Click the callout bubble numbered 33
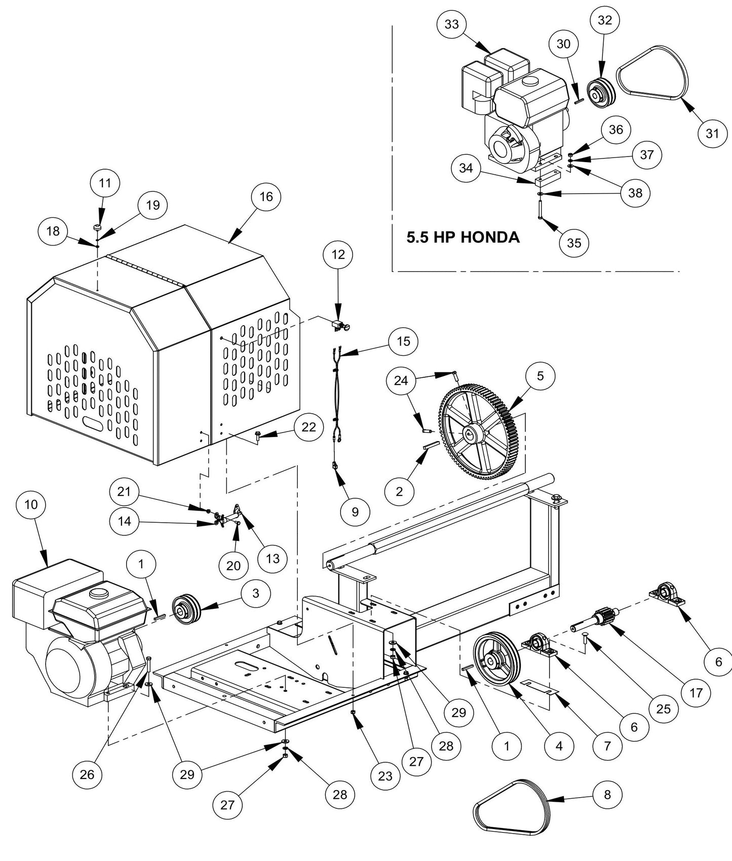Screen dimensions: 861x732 (451, 25)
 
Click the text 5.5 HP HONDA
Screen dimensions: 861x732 (463, 237)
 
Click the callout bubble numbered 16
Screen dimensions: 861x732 (266, 197)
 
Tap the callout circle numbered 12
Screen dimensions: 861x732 (338, 255)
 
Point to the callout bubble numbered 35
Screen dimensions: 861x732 (574, 243)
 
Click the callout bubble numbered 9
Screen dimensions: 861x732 (355, 512)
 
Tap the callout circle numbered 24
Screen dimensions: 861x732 (401, 380)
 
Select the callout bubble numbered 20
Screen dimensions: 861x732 (233, 565)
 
